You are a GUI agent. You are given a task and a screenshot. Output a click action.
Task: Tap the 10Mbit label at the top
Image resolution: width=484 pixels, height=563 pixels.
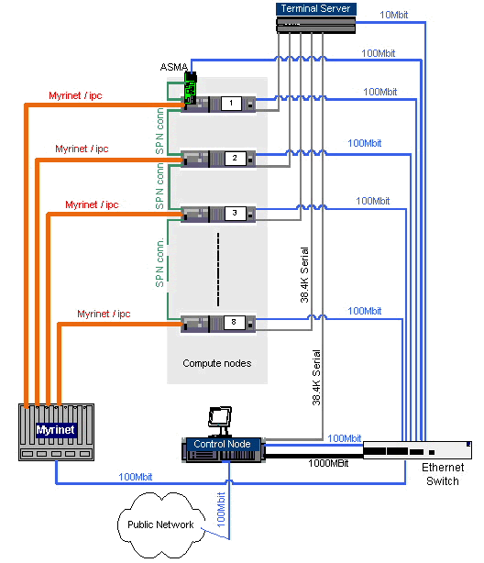pos(396,15)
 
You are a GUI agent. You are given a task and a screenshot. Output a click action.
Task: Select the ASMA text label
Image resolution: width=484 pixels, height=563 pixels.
pos(175,68)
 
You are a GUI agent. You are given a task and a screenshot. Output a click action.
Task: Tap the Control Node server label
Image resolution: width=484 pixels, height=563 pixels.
pos(222,445)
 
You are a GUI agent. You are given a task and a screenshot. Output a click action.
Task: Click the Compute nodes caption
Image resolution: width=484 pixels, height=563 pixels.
pos(216,363)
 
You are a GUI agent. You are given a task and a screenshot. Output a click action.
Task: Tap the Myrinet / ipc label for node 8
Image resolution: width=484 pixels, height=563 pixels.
pos(104,314)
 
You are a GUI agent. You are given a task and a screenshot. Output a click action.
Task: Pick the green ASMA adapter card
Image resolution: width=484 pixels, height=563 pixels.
pos(191,90)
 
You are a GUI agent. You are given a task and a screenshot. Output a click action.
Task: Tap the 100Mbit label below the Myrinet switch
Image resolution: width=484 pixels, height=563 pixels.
pos(136,476)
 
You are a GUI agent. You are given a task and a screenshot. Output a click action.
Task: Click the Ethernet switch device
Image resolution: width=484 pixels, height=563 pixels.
pos(417,450)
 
